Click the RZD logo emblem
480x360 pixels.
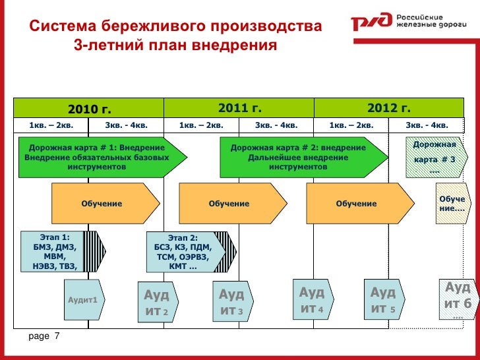click(x=371, y=24)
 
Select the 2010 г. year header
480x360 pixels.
click(x=90, y=108)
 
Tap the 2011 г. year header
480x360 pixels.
click(x=239, y=107)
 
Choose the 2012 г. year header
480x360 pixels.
click(x=389, y=107)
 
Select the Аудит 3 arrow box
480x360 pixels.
click(x=231, y=302)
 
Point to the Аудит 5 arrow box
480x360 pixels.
click(x=383, y=300)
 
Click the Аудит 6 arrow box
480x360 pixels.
click(x=457, y=297)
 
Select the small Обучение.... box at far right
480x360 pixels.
click(x=451, y=204)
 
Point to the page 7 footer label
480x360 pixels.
click(x=44, y=337)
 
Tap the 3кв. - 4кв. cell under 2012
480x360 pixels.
click(x=427, y=125)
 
